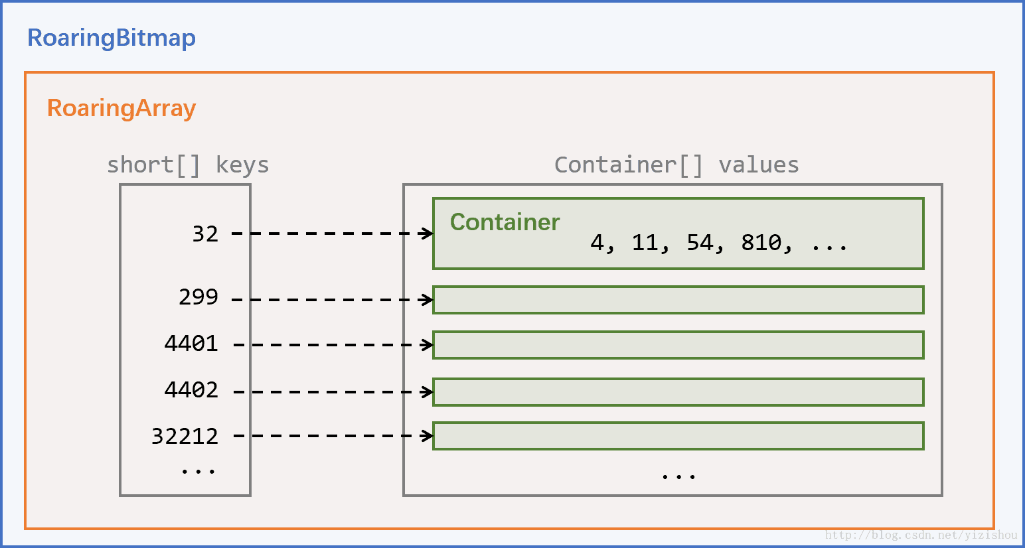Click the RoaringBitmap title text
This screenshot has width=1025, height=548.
coord(112,38)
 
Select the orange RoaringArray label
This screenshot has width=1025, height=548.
coord(121,108)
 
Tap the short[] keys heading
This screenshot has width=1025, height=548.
coord(188,165)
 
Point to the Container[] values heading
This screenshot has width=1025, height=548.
coord(676,165)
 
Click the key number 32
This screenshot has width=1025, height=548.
coord(205,234)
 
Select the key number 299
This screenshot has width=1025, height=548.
coord(198,297)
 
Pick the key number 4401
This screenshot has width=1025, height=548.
coord(191,343)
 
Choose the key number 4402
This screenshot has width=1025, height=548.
coord(191,389)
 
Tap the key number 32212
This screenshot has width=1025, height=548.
coord(185,436)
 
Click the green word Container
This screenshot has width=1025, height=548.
coord(505,222)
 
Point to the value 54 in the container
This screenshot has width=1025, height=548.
coord(700,243)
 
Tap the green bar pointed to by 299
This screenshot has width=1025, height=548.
coord(678,300)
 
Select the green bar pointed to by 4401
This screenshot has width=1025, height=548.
coord(678,345)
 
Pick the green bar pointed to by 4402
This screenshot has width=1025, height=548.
coord(678,392)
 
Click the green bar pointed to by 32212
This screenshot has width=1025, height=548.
coord(678,436)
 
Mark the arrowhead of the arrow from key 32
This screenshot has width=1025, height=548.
coord(428,233)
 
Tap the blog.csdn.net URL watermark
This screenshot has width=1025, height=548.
coord(921,535)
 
